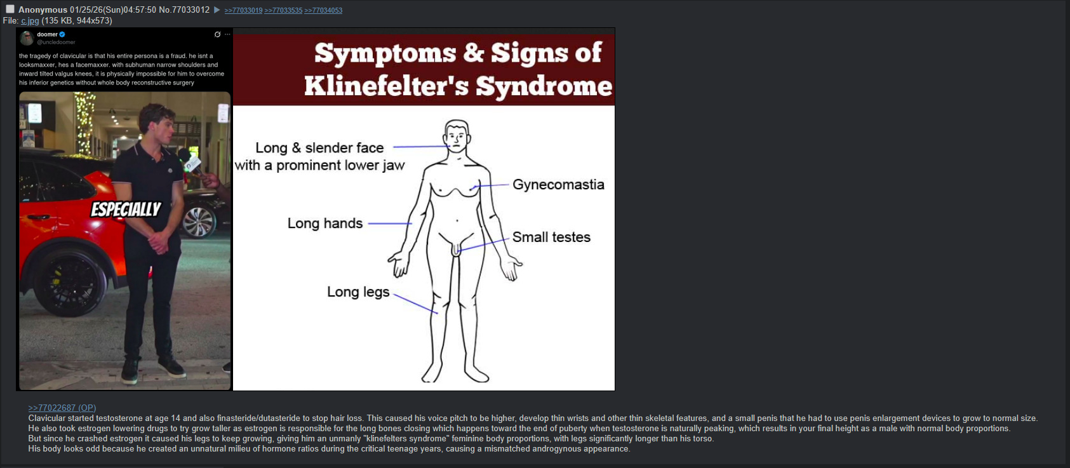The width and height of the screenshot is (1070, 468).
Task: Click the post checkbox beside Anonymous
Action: [10, 9]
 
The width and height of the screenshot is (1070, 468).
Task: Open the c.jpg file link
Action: [30, 20]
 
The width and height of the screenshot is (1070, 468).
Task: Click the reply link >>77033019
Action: [243, 10]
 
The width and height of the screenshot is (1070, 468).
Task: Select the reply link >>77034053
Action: [323, 10]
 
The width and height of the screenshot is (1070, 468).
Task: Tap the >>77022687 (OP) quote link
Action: [62, 408]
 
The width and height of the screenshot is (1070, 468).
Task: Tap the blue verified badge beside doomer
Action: [62, 34]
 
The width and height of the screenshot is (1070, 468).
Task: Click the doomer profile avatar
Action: [27, 37]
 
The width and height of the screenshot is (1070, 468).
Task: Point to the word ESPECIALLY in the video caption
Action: [126, 209]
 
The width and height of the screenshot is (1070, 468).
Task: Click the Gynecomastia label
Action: [558, 184]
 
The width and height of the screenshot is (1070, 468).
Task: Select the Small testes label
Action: [551, 237]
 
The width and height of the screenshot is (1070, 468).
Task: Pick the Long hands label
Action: [325, 223]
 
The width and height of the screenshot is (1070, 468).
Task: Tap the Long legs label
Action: [358, 291]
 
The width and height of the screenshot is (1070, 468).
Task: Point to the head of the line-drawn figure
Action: [457, 136]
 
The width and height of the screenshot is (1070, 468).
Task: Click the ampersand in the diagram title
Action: [473, 53]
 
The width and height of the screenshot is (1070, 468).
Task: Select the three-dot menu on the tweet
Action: [227, 34]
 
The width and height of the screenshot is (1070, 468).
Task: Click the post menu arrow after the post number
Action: [217, 10]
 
